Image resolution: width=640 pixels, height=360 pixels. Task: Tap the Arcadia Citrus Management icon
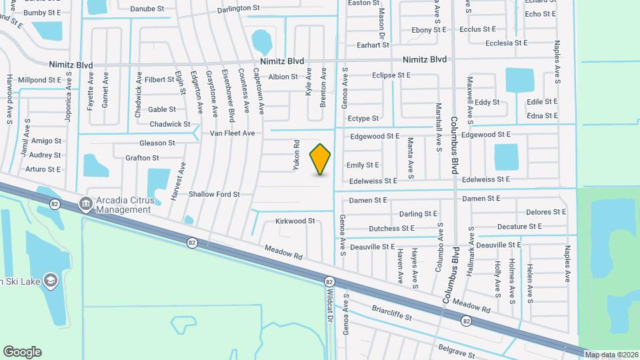[x=85, y=203]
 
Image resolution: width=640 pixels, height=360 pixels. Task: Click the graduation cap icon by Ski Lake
[x=51, y=281]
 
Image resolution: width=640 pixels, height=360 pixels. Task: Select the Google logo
[x=22, y=352]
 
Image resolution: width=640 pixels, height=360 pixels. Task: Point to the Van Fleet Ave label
[x=233, y=133]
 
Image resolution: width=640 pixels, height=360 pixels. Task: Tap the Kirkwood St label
[x=295, y=221]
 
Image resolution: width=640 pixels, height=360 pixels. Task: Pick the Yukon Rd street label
[x=297, y=155]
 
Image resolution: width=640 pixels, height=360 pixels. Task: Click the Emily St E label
[x=363, y=165]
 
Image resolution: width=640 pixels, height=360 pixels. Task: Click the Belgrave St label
[x=457, y=351]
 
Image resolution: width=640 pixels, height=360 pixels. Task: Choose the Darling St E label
[x=418, y=214]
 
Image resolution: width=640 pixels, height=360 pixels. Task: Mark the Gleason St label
[x=157, y=143]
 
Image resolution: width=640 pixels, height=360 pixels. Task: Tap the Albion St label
[x=283, y=77]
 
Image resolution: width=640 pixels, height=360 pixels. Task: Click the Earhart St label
[x=373, y=45]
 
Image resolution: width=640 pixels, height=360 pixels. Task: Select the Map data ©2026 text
[x=611, y=354]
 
